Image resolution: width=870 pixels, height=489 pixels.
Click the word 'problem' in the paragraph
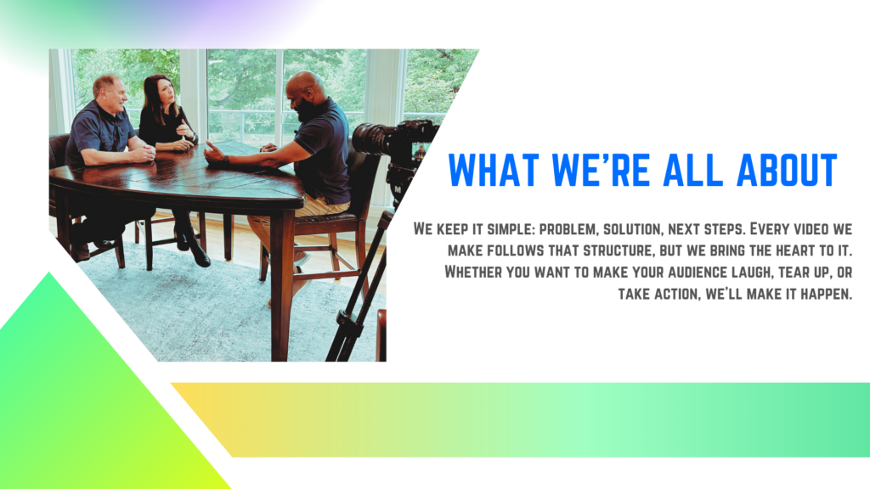[x=568, y=229]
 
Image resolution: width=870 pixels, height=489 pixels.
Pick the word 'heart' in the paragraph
[x=779, y=251]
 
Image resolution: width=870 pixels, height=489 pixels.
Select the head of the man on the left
[x=108, y=91]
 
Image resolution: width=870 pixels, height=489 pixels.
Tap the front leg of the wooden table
[x=281, y=280]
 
